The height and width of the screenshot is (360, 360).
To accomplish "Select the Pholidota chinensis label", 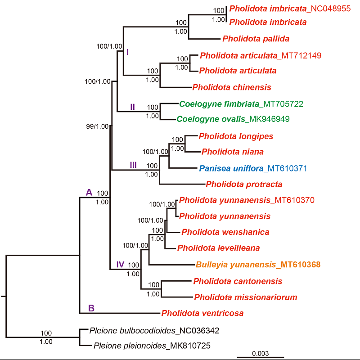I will (x=232, y=87).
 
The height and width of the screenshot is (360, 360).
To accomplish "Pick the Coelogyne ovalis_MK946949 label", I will (x=233, y=119).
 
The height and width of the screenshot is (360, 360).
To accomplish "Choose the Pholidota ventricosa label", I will (x=202, y=313).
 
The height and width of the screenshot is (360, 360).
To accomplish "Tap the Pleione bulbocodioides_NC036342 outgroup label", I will (x=154, y=331).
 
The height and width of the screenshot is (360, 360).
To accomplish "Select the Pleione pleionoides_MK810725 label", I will (x=152, y=346).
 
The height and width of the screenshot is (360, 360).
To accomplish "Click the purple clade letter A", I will (x=89, y=193).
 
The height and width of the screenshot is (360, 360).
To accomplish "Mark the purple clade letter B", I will (x=91, y=308).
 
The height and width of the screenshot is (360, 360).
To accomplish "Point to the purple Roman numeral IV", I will (x=120, y=264).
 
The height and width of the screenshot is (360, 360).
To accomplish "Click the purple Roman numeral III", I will (x=133, y=165).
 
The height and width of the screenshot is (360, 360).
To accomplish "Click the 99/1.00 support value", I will (x=98, y=126).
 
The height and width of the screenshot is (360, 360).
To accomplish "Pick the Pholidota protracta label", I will (x=244, y=184).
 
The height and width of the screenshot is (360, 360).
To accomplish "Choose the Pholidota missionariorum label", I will (x=245, y=297).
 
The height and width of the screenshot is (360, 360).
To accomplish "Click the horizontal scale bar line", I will (x=261, y=357).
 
